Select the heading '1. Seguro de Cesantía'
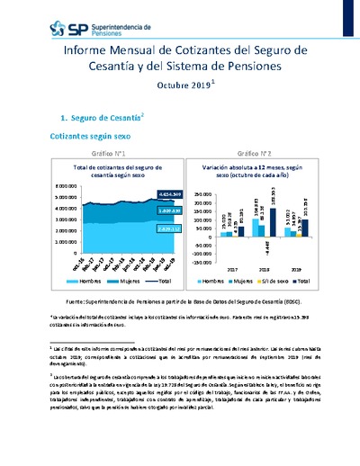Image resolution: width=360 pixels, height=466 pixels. coord(95,118)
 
